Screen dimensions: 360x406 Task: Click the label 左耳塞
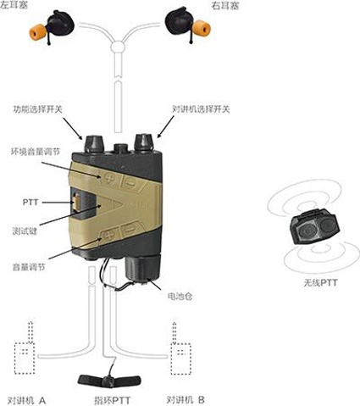14,5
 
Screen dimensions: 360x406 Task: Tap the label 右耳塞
225,6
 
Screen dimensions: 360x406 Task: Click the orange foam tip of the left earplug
37,32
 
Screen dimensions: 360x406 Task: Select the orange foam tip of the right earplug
202,28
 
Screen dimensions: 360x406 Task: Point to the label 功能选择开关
37,109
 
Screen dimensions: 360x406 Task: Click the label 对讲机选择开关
201,109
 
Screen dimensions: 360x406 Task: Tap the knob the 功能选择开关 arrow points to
92,143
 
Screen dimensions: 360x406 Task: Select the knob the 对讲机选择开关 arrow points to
144,142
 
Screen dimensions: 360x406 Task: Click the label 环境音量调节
36,152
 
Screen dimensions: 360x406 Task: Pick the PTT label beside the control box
30,203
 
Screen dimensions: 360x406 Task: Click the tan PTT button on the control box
76,203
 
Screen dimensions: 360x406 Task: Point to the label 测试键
25,231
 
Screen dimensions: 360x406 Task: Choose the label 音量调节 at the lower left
29,267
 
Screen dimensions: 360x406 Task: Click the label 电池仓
180,297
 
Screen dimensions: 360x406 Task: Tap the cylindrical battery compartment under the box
143,270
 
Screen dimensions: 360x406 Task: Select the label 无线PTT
320,282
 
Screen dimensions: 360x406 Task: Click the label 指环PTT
113,401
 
